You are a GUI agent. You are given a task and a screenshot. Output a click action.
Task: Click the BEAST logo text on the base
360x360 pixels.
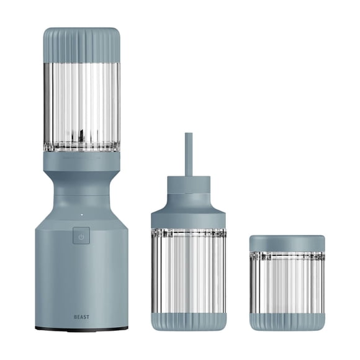tap(81, 317)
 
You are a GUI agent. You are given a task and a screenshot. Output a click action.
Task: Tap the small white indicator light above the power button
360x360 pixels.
tap(81, 215)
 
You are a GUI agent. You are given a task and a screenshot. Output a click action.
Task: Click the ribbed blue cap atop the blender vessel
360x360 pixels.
tap(81, 45)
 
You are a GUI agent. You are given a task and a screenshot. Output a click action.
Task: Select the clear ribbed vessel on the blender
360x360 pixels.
tap(81, 107)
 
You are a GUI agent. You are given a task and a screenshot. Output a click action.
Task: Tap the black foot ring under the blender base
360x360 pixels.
tap(81, 329)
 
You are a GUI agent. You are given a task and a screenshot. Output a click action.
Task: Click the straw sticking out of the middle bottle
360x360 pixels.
tap(189, 155)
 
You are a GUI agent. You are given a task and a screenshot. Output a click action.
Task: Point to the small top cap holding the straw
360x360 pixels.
tap(189, 185)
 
